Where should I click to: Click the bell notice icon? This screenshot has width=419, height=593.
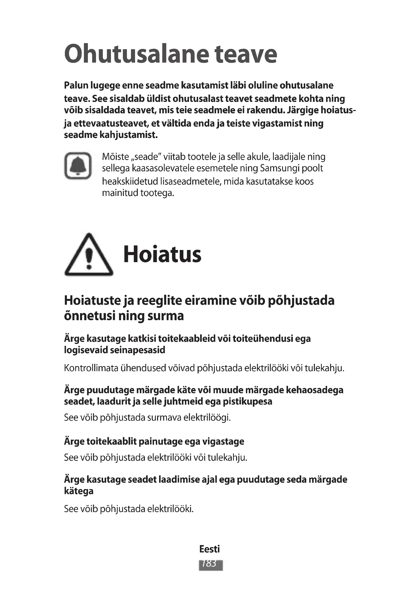tap(78, 166)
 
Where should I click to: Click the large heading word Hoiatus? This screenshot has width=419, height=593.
tap(162, 255)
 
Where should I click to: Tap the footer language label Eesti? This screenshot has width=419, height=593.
tap(209, 549)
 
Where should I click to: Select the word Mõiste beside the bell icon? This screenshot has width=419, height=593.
tap(115, 157)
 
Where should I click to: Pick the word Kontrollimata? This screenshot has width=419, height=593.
tap(91, 368)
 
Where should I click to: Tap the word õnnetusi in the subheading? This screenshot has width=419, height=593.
tap(89, 316)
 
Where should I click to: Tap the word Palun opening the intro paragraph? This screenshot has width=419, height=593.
tap(75, 85)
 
